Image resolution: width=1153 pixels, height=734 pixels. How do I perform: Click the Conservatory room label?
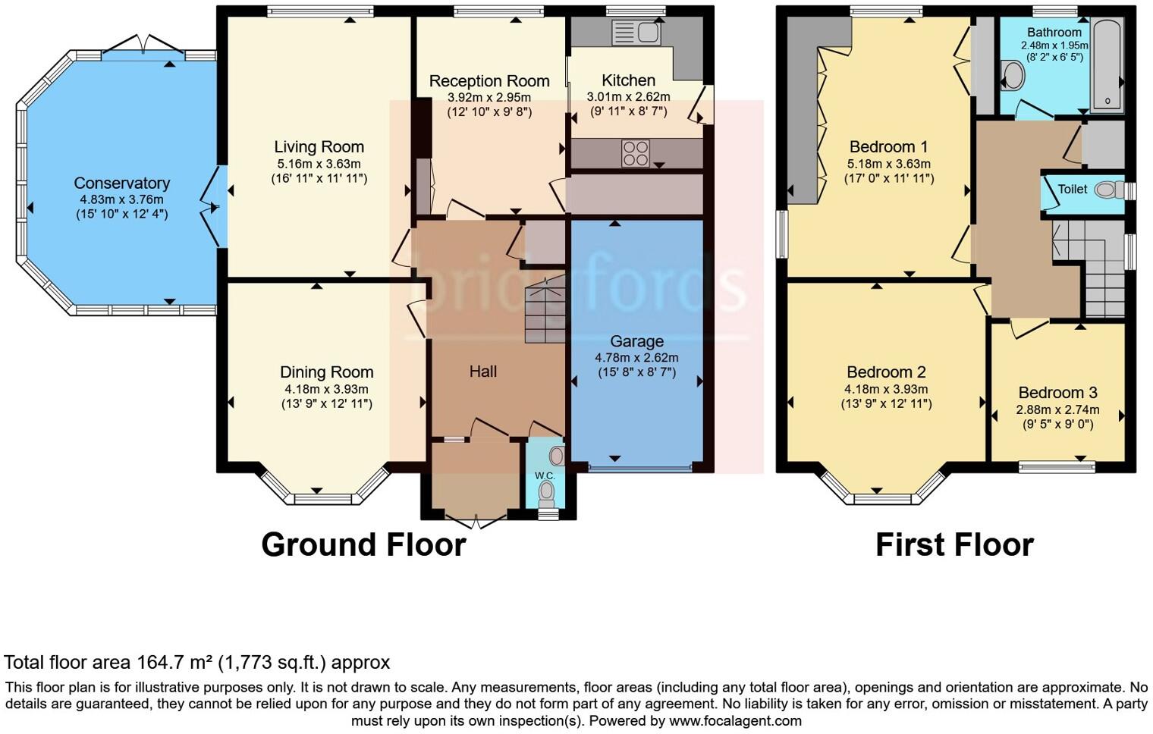[121, 183]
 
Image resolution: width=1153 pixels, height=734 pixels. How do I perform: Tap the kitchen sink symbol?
[636, 33]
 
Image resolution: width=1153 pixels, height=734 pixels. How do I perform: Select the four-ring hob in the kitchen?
[635, 152]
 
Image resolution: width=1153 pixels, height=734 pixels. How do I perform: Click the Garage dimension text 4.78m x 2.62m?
[636, 357]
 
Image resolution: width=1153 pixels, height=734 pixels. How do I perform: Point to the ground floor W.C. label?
[545, 475]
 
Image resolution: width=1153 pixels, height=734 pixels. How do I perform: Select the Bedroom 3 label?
[1057, 392]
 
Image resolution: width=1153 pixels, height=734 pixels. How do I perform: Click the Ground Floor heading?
[363, 544]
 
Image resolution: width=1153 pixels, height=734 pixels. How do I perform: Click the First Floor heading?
[954, 544]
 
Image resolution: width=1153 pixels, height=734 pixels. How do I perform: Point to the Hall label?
[483, 371]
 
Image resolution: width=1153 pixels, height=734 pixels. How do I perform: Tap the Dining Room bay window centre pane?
[317, 498]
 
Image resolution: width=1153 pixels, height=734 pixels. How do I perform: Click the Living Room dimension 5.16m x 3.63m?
[319, 164]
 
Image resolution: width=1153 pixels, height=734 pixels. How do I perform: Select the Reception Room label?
[489, 81]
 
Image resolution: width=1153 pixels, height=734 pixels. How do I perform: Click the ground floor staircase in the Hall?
[545, 311]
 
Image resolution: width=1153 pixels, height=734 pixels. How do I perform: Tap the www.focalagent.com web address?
[735, 720]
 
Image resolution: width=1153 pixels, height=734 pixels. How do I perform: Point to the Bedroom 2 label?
[886, 372]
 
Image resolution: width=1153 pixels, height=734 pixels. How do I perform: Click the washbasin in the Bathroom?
[1013, 76]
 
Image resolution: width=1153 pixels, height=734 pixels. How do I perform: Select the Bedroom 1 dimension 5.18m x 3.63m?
[889, 164]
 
